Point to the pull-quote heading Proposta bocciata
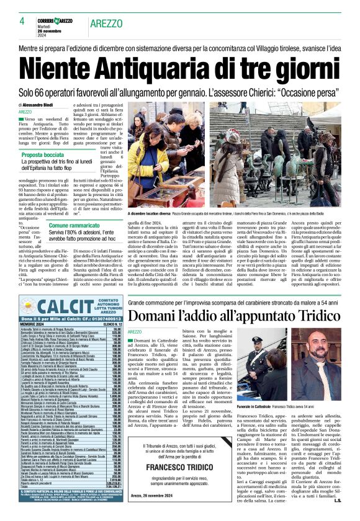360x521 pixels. pos(46,155)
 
